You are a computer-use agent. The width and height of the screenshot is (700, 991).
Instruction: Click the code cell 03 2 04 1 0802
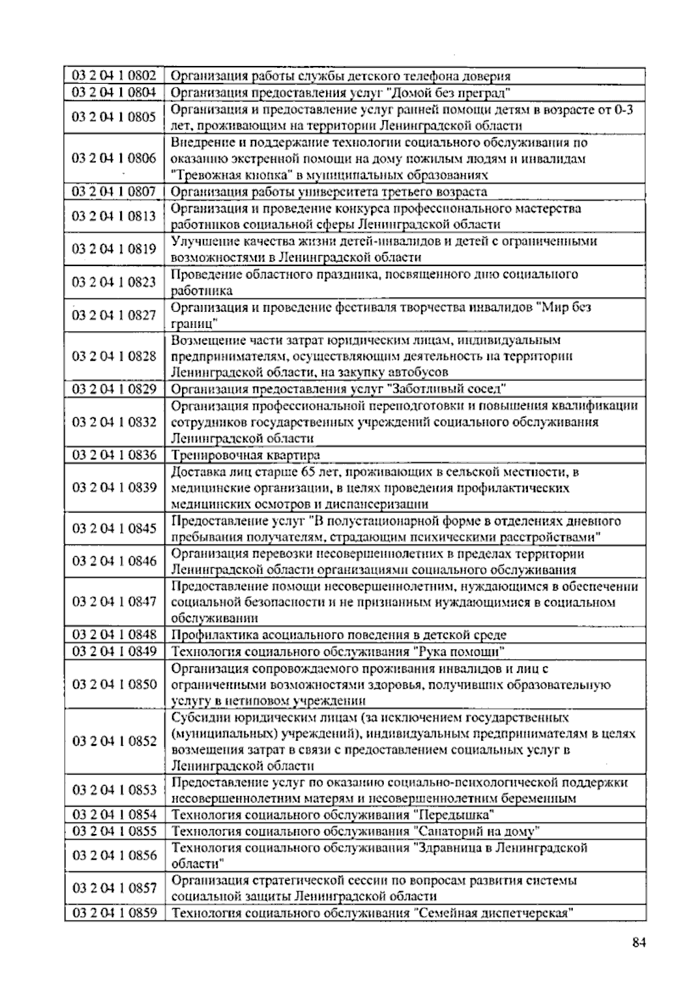click(x=114, y=75)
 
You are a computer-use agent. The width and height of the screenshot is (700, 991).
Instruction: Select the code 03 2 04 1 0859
click(x=114, y=912)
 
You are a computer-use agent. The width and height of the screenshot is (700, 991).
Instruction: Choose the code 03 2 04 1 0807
click(x=114, y=191)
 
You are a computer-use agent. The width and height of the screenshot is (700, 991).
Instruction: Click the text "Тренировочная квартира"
click(x=246, y=455)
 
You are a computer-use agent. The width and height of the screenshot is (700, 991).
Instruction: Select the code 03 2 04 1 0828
click(x=114, y=356)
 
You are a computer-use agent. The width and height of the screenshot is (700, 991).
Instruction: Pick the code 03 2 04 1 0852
click(x=114, y=741)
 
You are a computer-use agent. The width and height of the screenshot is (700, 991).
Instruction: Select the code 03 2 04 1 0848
click(x=114, y=635)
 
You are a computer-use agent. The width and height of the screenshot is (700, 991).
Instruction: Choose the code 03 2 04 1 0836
click(x=114, y=455)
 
